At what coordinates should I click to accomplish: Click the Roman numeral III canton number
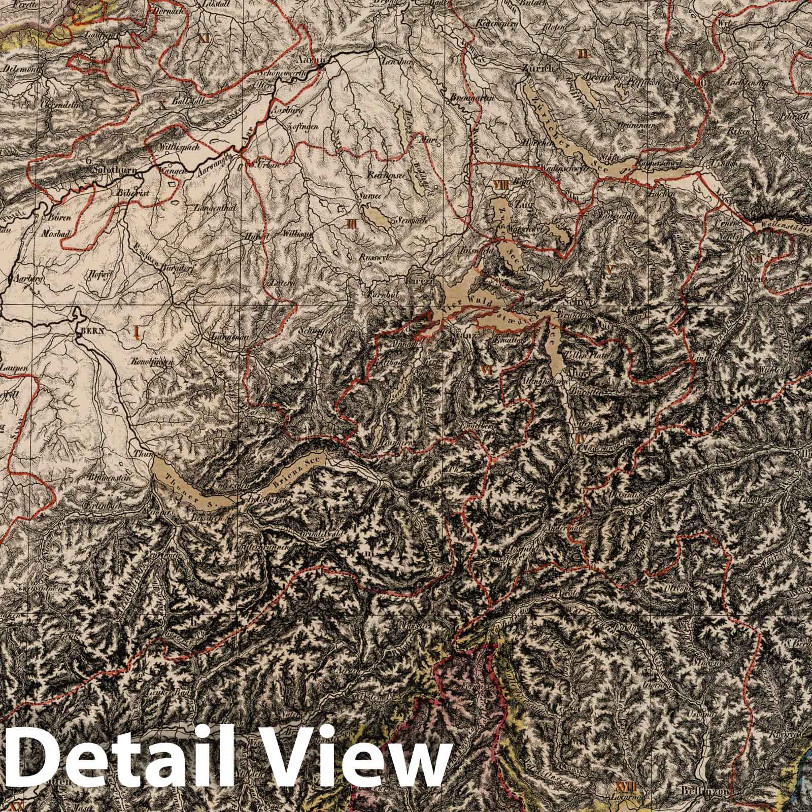click(x=351, y=223)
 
